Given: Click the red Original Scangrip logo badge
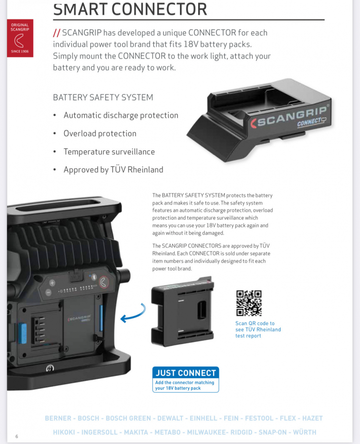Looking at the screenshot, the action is click(20, 38).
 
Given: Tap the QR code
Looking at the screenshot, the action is click(249, 303).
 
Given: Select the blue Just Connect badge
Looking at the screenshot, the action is click(185, 379).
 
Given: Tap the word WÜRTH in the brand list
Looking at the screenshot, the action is click(305, 432).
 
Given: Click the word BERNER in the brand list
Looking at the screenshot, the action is click(58, 418).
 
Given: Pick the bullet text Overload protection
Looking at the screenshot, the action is click(100, 133).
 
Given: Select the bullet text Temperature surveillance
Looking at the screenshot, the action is click(109, 151).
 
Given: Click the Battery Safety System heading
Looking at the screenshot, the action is click(103, 97).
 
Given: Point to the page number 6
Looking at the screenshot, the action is click(17, 437).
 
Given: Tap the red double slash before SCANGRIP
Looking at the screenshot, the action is click(57, 33).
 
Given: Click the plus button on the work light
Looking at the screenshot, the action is click(52, 283).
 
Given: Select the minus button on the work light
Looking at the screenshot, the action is click(48, 293).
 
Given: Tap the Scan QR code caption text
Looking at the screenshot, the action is click(258, 330).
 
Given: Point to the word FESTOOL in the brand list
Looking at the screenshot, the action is click(259, 418).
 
